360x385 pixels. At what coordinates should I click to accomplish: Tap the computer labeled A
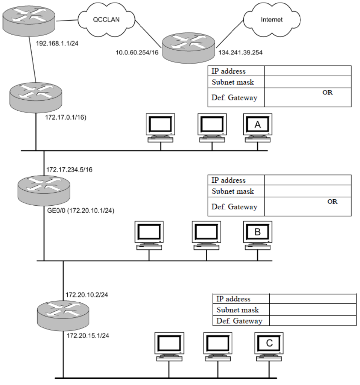(x=258, y=127)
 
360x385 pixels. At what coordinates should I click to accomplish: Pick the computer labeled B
(x=258, y=235)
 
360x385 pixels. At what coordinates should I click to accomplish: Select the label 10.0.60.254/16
(x=137, y=53)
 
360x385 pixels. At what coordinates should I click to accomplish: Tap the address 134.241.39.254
(x=240, y=53)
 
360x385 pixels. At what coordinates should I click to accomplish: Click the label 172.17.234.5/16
(x=69, y=170)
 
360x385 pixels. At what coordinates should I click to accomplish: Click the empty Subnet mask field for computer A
(x=308, y=82)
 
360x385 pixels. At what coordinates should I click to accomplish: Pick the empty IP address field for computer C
(x=312, y=299)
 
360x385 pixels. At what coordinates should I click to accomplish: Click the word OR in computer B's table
(x=332, y=202)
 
